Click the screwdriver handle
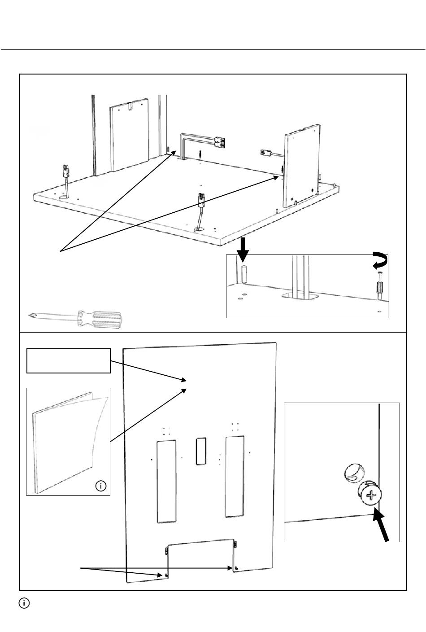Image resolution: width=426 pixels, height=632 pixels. click(x=101, y=320)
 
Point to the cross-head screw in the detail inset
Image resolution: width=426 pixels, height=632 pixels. click(x=370, y=495)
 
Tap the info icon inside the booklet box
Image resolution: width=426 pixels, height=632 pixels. click(x=101, y=486)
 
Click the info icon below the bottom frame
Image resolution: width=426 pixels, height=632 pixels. click(x=24, y=603)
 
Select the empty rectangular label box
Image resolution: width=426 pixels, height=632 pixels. click(x=68, y=360)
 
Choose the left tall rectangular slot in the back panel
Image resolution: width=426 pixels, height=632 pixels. click(x=166, y=481)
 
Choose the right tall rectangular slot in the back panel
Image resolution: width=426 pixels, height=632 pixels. click(x=235, y=474)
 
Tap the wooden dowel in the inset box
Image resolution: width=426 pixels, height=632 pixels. click(x=244, y=274)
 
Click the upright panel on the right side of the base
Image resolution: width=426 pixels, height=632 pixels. click(x=301, y=163)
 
